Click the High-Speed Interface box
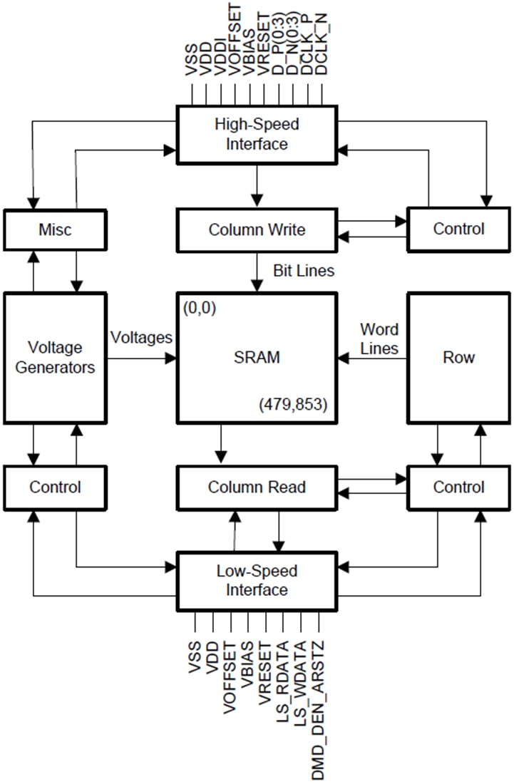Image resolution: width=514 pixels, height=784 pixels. [257, 134]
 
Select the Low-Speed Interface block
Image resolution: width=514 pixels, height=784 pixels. [257, 580]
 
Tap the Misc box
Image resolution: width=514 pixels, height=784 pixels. [56, 229]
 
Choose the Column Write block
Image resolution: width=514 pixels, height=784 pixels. [257, 229]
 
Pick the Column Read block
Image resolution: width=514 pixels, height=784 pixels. [257, 488]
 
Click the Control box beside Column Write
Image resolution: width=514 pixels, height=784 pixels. [458, 229]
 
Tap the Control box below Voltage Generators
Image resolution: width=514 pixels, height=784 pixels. [56, 488]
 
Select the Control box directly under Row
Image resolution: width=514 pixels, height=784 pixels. [458, 488]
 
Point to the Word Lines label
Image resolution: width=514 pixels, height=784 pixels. [379, 339]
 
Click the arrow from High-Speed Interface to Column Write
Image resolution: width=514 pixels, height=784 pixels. [257, 185]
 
